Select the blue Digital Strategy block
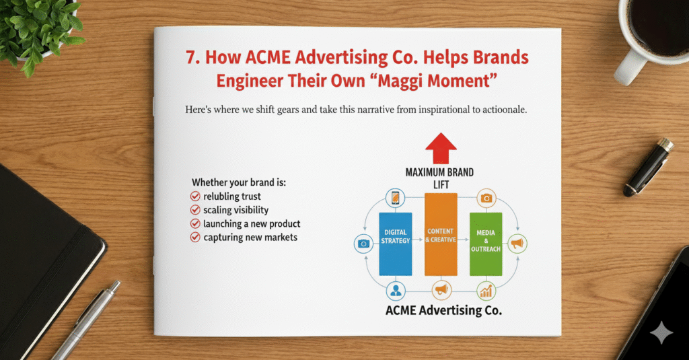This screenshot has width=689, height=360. [395, 244]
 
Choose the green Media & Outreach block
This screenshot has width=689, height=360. [486, 244]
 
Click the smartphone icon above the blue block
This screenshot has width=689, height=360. [395, 198]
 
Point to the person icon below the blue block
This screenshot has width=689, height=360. [395, 291]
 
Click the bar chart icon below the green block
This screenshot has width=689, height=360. [486, 291]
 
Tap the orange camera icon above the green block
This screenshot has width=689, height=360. [486, 198]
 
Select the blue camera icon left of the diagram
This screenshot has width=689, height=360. [363, 244]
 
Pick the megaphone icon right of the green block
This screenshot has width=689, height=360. [517, 244]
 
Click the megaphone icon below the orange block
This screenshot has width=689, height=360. [441, 291]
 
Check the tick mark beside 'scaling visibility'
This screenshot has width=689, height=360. [195, 210]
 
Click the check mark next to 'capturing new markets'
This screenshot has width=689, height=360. [195, 237]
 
